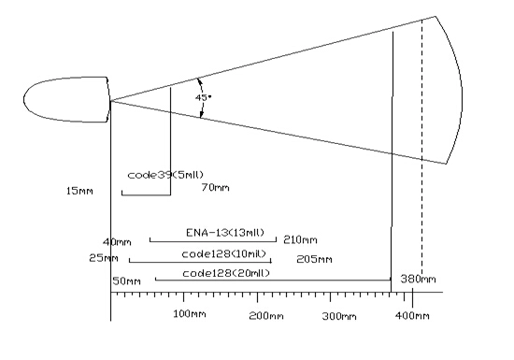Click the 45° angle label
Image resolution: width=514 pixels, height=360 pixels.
(204, 97)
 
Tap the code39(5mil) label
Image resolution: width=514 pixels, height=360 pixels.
(165, 175)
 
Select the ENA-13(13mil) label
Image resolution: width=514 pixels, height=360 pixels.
(225, 233)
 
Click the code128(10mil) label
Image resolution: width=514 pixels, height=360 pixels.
(224, 254)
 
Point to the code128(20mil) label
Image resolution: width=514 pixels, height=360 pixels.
(226, 273)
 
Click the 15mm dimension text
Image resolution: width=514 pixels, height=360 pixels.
(79, 191)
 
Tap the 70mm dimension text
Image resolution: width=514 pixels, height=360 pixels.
(215, 188)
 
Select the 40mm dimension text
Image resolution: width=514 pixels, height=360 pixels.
(117, 242)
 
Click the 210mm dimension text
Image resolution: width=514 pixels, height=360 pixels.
(300, 240)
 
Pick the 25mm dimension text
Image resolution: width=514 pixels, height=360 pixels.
(104, 258)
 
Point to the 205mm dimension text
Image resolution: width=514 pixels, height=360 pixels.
(314, 259)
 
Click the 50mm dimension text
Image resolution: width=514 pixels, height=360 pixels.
(126, 281)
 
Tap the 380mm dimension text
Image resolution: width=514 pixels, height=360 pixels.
(419, 279)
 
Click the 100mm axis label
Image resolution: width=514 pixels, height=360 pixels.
(190, 314)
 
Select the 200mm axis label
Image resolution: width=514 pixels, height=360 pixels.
(266, 316)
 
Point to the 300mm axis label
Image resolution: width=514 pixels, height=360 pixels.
(339, 316)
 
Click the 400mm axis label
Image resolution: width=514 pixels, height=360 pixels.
(412, 316)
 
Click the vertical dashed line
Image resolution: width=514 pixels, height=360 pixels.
(421, 148)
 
